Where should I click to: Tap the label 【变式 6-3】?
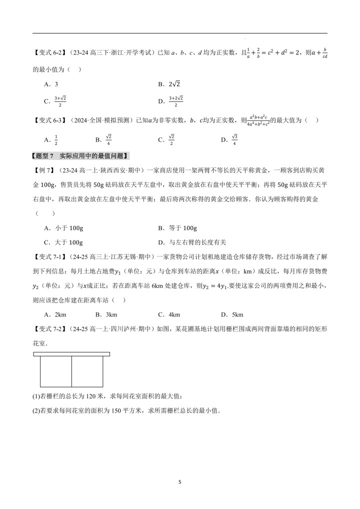pos(50,120)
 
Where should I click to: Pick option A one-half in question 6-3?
pos(51,139)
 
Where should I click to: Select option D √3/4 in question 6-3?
pos(229,139)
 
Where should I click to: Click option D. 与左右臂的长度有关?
pos(192,242)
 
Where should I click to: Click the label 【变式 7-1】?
pos(50,257)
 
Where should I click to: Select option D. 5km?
pos(232,314)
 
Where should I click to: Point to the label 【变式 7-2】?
pos(50,329)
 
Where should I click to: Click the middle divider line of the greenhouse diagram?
pos(72,370)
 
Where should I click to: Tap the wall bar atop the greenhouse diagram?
pos(71,354)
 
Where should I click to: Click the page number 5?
pos(180,482)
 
